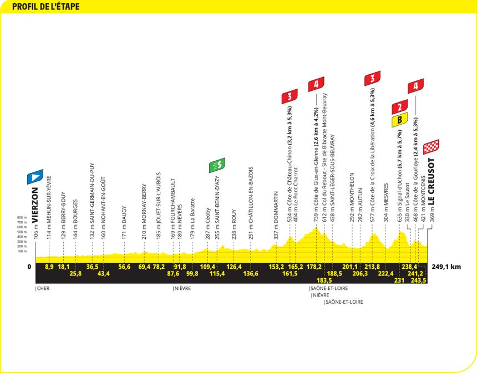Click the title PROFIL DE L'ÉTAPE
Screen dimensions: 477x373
pyautogui.click(x=45, y=7)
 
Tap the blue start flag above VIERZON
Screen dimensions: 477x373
pyautogui.click(x=35, y=177)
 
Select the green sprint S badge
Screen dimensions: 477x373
pyautogui.click(x=217, y=165)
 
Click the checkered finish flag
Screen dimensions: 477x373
pyautogui.click(x=431, y=147)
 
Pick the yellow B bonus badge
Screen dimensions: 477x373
pyautogui.click(x=400, y=120)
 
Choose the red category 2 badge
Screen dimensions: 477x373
pyautogui.click(x=400, y=107)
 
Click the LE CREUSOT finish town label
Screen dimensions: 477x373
pyautogui.click(x=432, y=182)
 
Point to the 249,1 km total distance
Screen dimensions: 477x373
pyautogui.click(x=446, y=267)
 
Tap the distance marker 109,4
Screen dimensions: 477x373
pyautogui.click(x=207, y=267)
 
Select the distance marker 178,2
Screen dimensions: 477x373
pyautogui.click(x=314, y=267)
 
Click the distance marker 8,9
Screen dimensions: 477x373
pyautogui.click(x=49, y=267)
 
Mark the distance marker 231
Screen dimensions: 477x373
pyautogui.click(x=399, y=280)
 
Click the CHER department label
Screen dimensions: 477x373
pyautogui.click(x=43, y=288)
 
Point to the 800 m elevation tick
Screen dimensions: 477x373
pyautogui.click(x=22, y=217)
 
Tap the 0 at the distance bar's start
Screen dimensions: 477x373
pyautogui.click(x=29, y=267)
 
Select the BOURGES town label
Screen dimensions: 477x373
pyautogui.click(x=75, y=211)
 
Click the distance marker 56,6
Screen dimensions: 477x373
pyautogui.click(x=124, y=267)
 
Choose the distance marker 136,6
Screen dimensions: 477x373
pyautogui.click(x=251, y=274)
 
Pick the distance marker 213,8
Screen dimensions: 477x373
pyautogui.click(x=372, y=267)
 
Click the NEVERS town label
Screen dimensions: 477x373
pyautogui.click(x=180, y=214)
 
